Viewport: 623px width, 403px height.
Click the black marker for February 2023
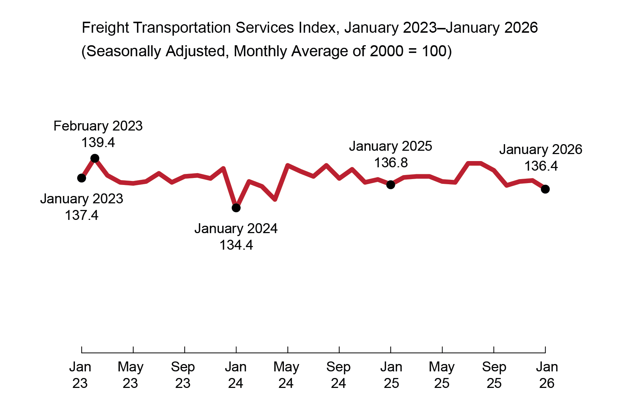(x=95, y=158)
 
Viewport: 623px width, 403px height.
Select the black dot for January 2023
(x=82, y=178)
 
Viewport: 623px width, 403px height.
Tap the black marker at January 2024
(x=236, y=208)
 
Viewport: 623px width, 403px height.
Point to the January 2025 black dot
(x=391, y=185)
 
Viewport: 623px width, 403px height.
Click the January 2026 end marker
(x=545, y=189)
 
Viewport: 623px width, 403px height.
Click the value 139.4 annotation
(x=98, y=142)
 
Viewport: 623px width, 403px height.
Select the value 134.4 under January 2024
(x=236, y=245)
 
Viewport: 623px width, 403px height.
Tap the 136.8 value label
(x=391, y=163)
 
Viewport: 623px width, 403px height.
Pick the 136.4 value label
(x=541, y=166)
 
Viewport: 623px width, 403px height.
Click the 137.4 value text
(x=82, y=215)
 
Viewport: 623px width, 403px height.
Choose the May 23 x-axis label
(x=130, y=375)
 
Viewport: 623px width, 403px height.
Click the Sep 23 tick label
(x=183, y=375)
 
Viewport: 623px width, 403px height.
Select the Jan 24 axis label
(x=235, y=375)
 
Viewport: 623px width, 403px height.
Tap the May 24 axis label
(x=286, y=375)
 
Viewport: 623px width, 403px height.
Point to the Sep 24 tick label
(x=338, y=375)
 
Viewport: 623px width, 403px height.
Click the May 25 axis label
(x=442, y=375)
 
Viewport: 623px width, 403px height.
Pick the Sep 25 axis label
(x=494, y=375)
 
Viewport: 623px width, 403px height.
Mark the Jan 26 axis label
(x=547, y=375)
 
